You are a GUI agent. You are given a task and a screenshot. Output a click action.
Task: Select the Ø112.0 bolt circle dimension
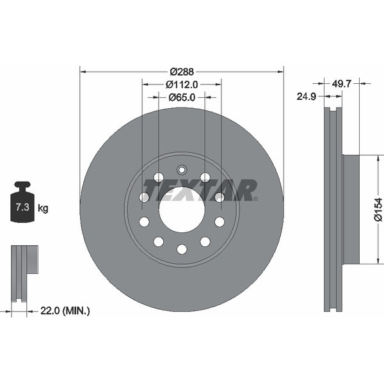coord(182,84)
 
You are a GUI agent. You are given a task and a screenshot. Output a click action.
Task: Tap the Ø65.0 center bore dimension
coord(182,97)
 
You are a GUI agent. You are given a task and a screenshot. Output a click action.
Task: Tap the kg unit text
coord(43,208)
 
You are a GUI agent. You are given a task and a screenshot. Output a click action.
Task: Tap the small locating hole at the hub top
coord(182,170)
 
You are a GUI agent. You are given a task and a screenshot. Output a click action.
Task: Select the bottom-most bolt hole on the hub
coord(182,249)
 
